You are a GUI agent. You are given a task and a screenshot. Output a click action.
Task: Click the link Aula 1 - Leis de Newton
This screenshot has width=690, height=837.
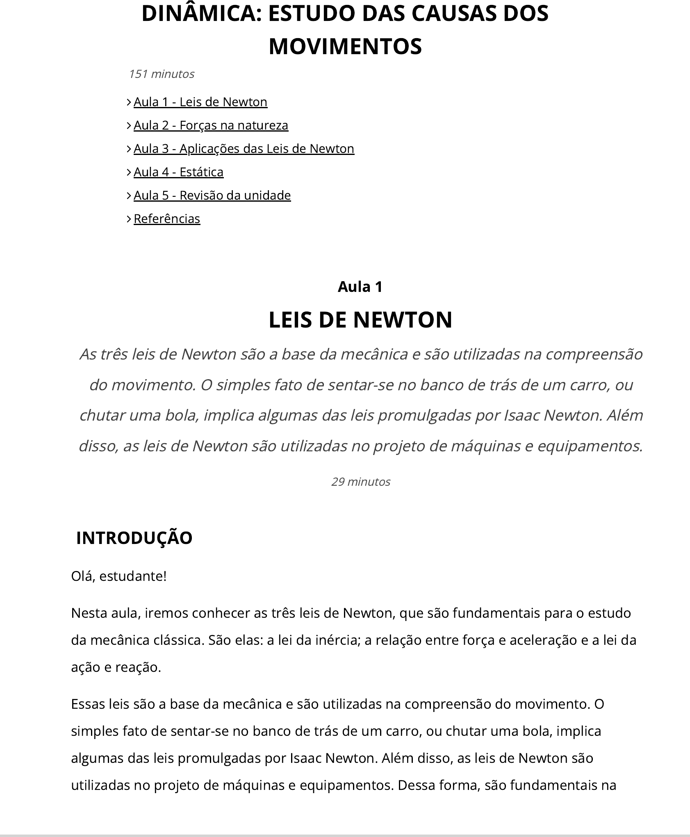[x=200, y=102]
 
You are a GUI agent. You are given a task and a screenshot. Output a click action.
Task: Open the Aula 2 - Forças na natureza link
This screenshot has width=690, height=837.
[x=211, y=125]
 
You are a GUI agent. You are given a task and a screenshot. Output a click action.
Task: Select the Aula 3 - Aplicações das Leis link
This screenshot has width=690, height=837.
[x=244, y=148]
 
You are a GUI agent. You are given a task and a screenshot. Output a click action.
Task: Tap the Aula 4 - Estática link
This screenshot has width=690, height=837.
[x=178, y=172]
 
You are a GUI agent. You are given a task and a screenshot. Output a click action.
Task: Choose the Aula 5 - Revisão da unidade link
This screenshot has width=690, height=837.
[x=212, y=195]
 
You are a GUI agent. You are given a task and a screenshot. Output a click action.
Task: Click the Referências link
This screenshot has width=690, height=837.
[x=167, y=218]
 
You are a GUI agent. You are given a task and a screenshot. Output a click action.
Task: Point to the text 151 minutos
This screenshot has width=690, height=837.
[x=162, y=74]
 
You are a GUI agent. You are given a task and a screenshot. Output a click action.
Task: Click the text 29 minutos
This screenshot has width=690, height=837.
[x=361, y=482]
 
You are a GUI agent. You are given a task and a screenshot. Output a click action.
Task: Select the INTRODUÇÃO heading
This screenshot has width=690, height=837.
[x=134, y=538]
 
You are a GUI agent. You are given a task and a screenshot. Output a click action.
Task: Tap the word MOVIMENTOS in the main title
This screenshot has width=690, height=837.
[x=345, y=46]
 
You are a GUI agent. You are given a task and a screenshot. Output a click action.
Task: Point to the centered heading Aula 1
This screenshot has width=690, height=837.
[x=360, y=287]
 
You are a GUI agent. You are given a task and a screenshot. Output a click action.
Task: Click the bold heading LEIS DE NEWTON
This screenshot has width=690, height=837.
[x=360, y=320]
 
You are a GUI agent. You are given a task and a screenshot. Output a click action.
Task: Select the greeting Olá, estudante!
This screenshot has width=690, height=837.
[x=119, y=576]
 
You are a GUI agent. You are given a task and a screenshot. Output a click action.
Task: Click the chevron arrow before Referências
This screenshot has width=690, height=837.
[x=129, y=218]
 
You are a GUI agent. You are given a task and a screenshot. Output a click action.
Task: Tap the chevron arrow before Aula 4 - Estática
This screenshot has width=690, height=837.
[x=129, y=172]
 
